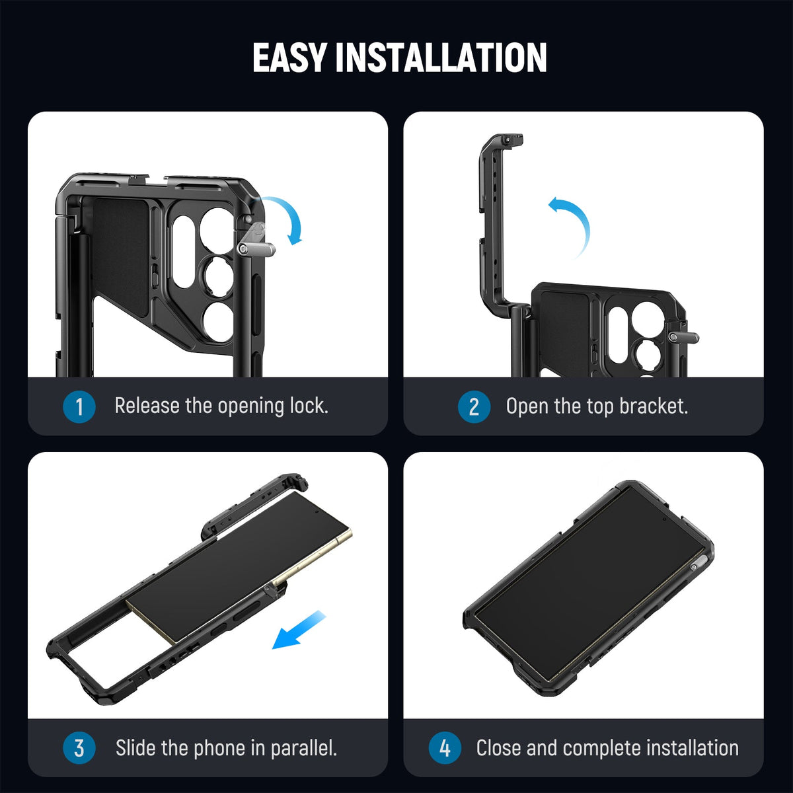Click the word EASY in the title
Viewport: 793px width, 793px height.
(289, 57)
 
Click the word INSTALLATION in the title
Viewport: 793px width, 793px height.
(441, 57)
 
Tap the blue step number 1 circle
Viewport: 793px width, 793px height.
(79, 406)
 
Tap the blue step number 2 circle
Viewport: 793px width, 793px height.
(473, 406)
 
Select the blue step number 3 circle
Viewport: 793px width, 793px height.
(79, 748)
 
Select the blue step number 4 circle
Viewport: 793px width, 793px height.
(445, 748)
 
